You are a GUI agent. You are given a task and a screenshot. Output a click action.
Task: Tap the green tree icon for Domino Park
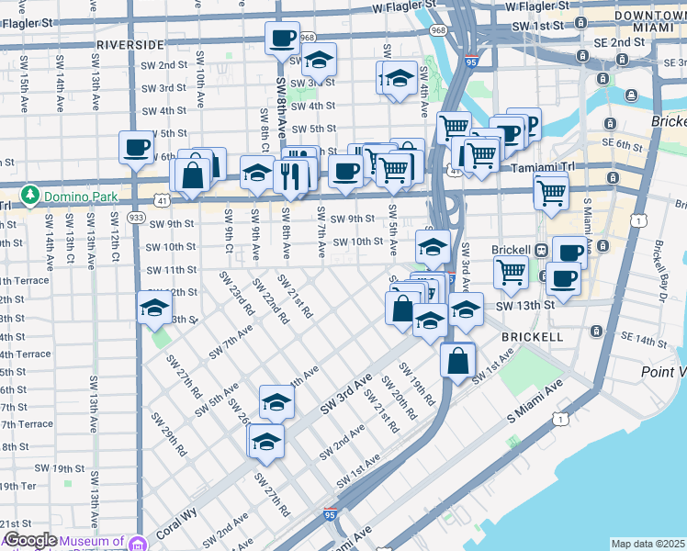tap(30, 196)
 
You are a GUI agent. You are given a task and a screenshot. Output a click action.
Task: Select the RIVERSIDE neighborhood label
tap(130, 44)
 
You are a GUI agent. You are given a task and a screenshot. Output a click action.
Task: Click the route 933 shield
tap(136, 217)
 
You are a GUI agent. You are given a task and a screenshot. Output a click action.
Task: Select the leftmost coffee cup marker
tap(137, 147)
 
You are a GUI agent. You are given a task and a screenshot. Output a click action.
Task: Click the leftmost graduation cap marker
tap(154, 309)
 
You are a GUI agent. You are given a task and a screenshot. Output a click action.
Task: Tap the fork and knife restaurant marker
tap(291, 174)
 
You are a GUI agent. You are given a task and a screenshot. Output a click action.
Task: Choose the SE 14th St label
tap(642, 341)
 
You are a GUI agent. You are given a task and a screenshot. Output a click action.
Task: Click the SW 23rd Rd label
tap(236, 295)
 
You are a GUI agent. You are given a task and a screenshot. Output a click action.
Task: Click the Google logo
tap(29, 541)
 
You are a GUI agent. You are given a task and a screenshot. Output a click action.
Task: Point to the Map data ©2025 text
tap(648, 544)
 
